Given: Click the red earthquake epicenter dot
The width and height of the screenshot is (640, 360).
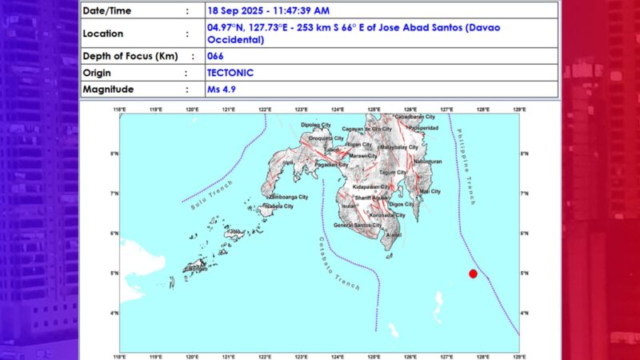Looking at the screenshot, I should (473, 274).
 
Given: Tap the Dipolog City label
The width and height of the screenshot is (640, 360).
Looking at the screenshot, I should (315, 125).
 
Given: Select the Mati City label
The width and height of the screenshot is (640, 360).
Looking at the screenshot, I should (430, 192).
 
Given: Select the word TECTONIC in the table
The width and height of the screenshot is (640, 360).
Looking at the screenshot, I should (230, 73).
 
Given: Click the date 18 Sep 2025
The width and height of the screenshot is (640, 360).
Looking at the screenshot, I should (240, 11).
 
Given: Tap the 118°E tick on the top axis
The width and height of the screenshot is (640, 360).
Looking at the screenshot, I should (120, 109).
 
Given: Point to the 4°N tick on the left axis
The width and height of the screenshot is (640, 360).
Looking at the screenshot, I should (114, 313).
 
